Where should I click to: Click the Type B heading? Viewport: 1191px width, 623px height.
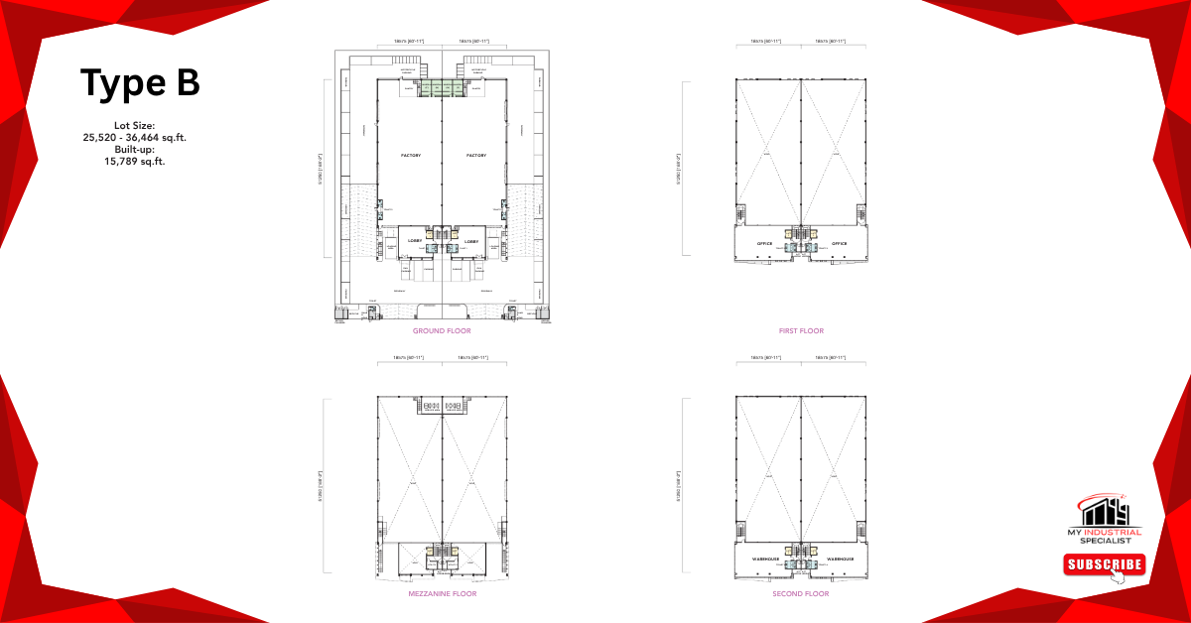click(140, 83)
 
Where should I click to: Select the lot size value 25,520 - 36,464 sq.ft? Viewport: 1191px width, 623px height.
click(135, 138)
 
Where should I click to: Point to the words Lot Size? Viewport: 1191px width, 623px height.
click(135, 126)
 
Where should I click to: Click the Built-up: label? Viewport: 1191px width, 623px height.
click(135, 149)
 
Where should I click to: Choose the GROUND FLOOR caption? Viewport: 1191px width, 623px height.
click(442, 330)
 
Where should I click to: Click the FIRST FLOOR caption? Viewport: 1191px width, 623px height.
click(801, 330)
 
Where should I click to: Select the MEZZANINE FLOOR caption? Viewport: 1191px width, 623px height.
click(442, 593)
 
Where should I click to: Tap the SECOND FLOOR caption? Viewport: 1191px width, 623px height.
click(801, 593)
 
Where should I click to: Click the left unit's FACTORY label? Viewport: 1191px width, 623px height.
click(411, 156)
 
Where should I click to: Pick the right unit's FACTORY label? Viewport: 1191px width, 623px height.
click(476, 156)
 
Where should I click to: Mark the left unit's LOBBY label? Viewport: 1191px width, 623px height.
click(416, 241)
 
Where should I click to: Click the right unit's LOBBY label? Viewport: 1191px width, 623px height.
click(471, 241)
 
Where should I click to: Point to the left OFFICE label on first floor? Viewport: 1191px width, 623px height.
click(764, 243)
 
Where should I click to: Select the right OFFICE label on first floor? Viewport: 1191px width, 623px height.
click(839, 243)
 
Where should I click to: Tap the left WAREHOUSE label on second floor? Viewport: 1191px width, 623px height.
click(764, 560)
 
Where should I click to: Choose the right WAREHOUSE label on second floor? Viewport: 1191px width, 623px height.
click(839, 560)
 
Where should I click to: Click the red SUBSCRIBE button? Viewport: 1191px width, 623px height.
click(1105, 564)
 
